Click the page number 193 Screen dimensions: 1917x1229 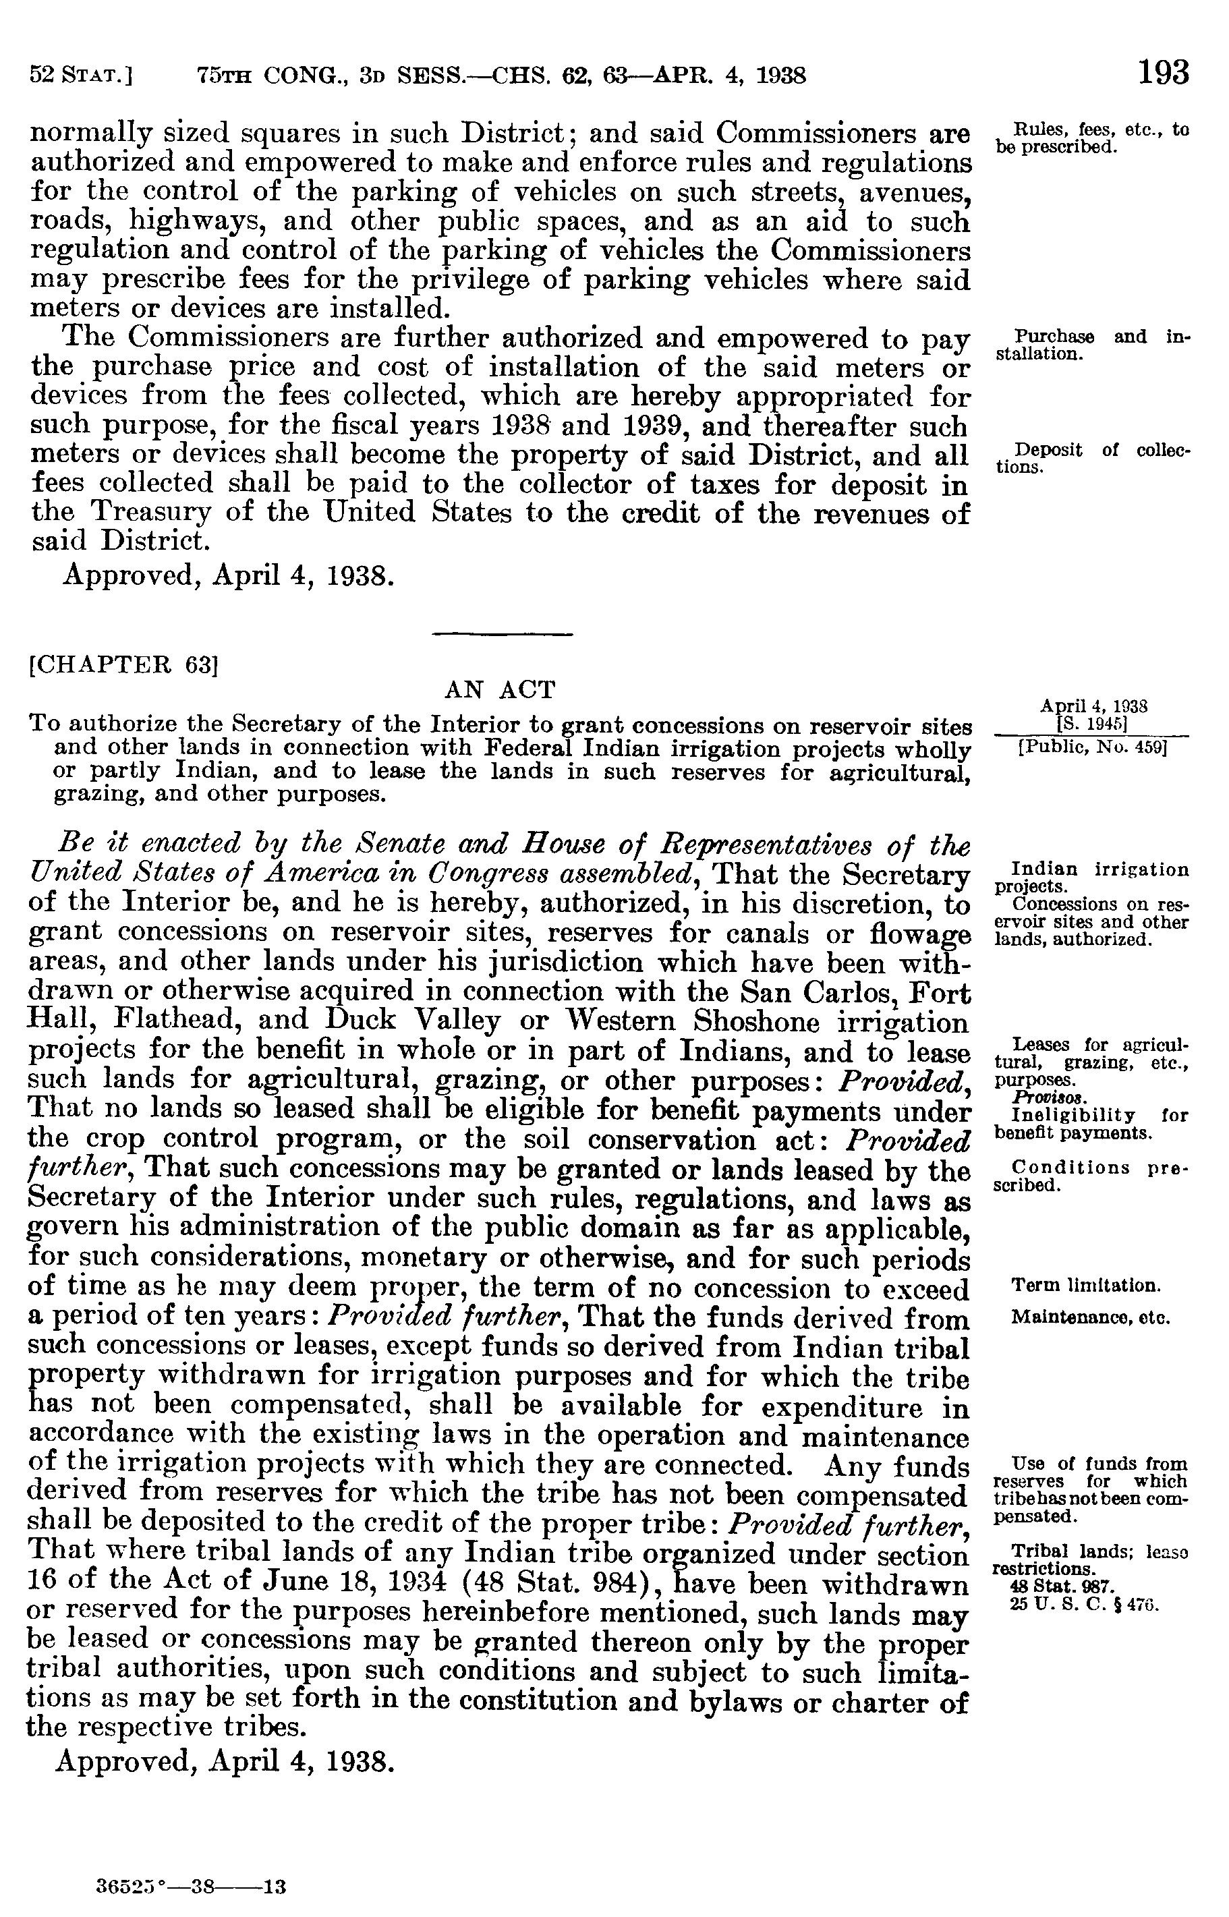1163,74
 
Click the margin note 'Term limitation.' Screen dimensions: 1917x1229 1085,1286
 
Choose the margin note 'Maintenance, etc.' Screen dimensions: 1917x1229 1090,1317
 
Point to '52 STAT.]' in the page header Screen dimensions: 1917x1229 80,76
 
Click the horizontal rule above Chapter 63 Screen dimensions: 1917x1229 501,635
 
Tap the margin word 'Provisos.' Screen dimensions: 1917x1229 1033,1099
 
